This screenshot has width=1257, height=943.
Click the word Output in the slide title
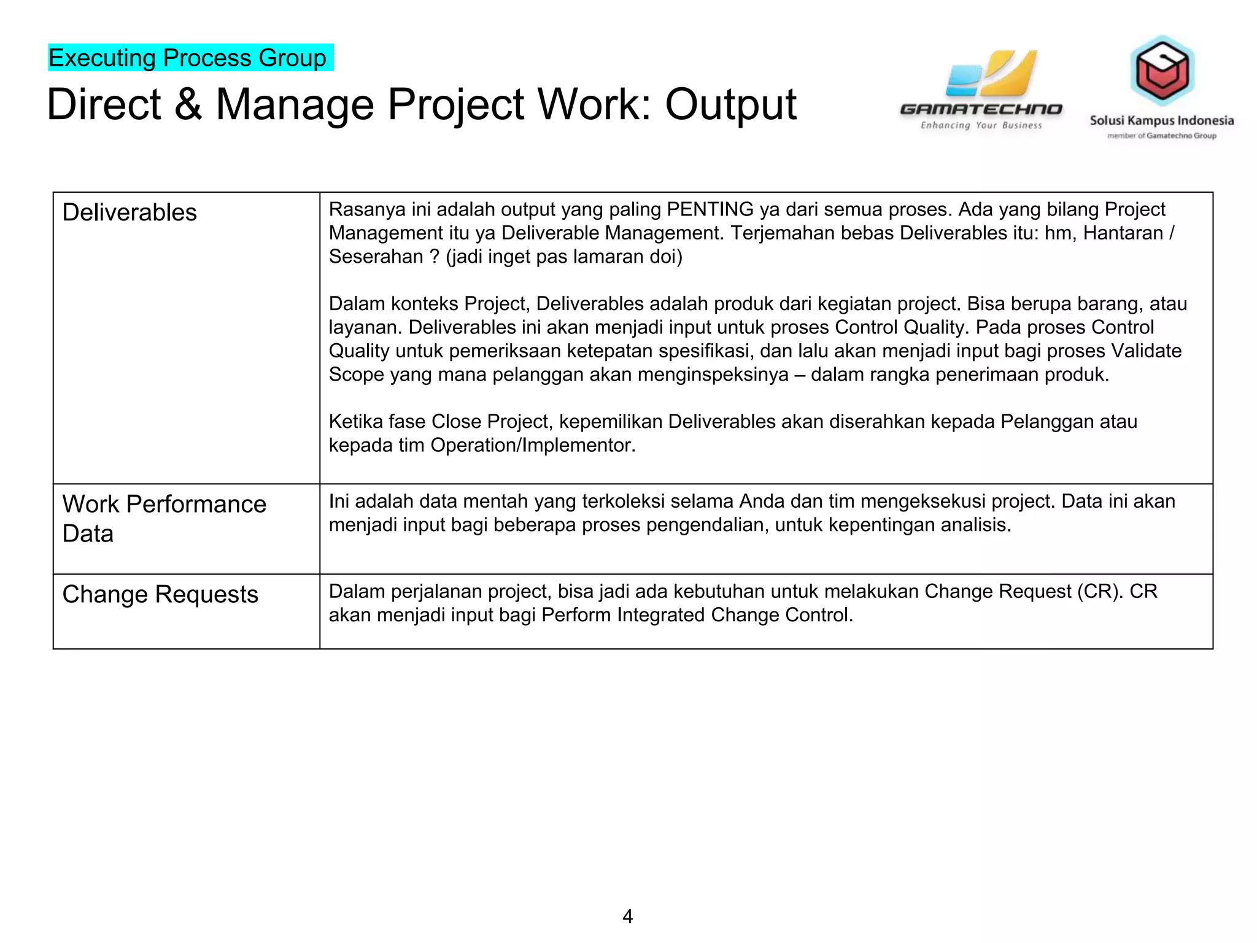click(x=730, y=104)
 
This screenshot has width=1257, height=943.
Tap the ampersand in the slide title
click(x=188, y=104)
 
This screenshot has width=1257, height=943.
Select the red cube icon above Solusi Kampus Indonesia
click(x=1162, y=71)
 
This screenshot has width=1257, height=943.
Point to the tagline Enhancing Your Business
click(x=981, y=126)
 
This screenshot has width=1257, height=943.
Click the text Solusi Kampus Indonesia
click(x=1161, y=120)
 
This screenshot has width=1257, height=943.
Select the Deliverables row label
click(x=130, y=212)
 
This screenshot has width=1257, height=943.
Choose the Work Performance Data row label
click(x=164, y=519)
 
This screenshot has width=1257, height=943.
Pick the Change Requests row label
click(x=160, y=594)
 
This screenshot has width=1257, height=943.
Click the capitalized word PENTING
click(x=710, y=209)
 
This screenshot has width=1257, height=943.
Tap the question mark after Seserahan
click(x=435, y=257)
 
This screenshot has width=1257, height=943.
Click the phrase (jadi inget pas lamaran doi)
click(x=564, y=257)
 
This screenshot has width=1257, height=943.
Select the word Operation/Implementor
click(x=532, y=445)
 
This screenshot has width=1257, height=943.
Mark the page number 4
click(x=627, y=916)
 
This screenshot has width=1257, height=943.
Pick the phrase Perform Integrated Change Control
click(x=697, y=615)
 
